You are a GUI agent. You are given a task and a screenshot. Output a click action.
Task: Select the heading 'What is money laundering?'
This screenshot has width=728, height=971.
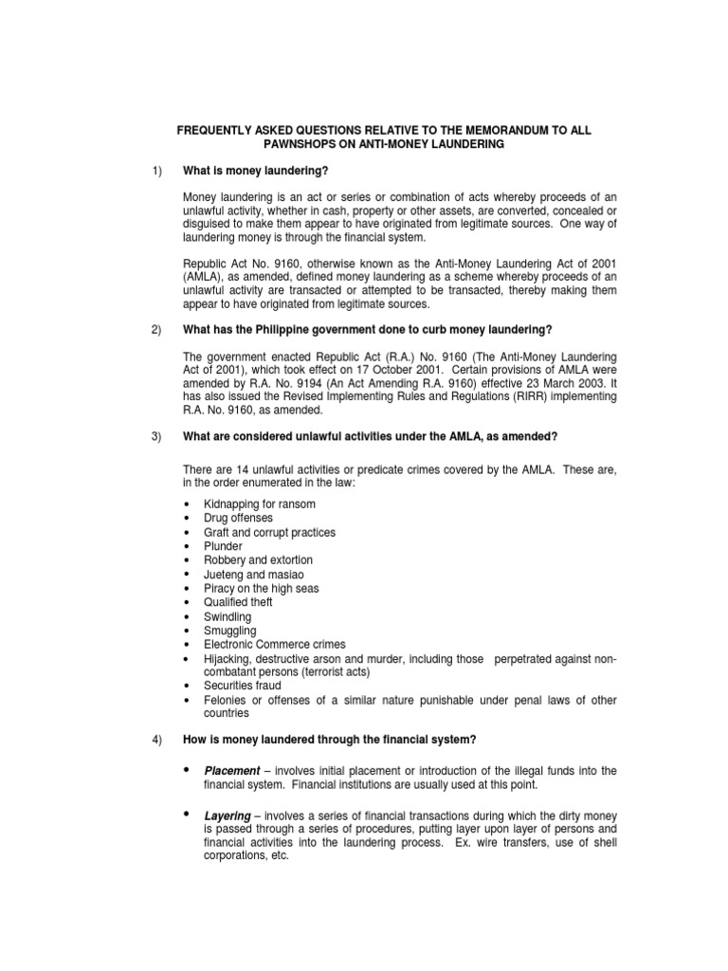click(x=255, y=170)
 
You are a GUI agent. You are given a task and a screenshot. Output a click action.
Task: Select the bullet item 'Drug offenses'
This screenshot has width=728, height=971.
click(x=238, y=518)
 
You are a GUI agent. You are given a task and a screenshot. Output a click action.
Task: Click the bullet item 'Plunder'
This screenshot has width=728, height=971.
click(x=223, y=546)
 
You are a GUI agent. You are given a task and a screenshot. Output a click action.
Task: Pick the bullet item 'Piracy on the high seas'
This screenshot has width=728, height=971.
click(x=261, y=589)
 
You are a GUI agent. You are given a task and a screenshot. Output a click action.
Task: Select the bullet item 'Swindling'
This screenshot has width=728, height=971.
click(x=227, y=616)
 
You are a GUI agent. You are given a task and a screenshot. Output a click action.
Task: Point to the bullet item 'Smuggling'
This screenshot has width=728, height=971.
click(x=229, y=631)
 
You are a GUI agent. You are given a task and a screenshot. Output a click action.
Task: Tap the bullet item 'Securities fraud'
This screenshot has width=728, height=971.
click(x=242, y=685)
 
